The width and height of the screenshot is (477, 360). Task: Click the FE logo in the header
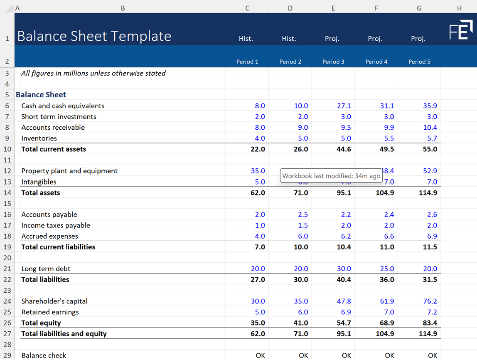click(461, 30)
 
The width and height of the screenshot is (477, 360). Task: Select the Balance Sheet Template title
click(94, 36)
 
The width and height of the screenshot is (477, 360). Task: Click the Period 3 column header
click(333, 62)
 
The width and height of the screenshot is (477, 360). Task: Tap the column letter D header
click(290, 8)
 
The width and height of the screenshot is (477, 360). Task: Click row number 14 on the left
click(7, 193)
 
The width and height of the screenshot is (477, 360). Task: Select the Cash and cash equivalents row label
click(63, 106)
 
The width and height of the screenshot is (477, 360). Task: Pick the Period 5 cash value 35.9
click(430, 106)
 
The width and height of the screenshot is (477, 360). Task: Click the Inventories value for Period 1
click(260, 138)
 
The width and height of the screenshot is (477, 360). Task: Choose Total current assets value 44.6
click(344, 149)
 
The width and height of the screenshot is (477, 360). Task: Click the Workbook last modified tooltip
click(331, 176)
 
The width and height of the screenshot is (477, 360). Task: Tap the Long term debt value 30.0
click(344, 269)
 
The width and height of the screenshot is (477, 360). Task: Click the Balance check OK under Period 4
click(389, 355)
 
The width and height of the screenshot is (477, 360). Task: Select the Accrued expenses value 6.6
click(387, 236)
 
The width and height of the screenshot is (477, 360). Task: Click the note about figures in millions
click(93, 73)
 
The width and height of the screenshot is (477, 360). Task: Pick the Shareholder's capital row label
click(54, 301)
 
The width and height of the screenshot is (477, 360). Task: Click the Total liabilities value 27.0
click(258, 280)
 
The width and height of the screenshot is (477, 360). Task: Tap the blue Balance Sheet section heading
click(41, 95)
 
